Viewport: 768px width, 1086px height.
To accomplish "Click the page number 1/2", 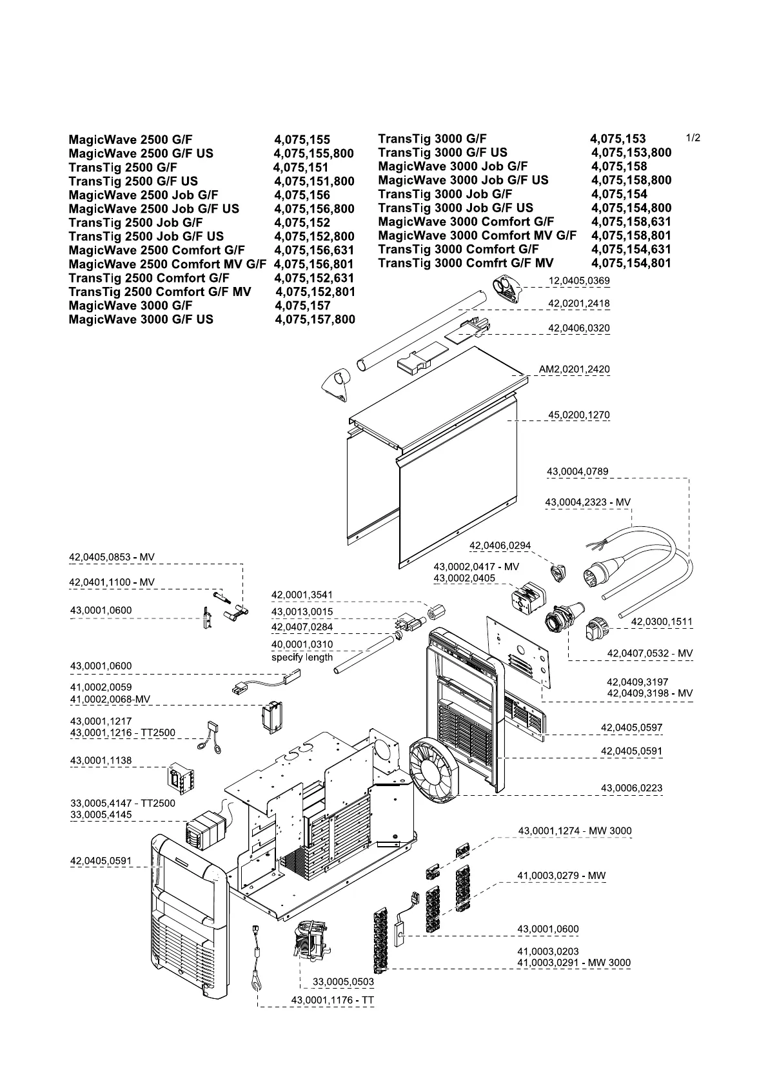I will tap(693, 138).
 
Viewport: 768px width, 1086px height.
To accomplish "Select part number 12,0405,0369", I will tap(578, 281).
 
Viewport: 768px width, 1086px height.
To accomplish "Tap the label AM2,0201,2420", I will tap(574, 370).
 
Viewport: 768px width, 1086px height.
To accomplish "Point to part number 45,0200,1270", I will tap(578, 415).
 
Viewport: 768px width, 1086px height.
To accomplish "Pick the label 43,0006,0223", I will tap(631, 788).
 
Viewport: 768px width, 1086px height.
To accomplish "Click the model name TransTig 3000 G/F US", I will tap(442, 153).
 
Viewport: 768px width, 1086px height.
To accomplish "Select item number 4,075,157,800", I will tap(315, 320).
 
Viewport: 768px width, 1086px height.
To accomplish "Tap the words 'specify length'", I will tap(302, 658).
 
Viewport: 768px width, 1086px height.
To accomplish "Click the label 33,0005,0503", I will tap(343, 982).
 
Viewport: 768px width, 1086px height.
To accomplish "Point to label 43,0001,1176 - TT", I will tap(332, 1000).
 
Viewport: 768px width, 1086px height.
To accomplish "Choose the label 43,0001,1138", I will tap(101, 761).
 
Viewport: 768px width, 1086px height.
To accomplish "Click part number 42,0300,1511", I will tap(662, 622).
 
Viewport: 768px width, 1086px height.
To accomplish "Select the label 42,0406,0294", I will tap(500, 546).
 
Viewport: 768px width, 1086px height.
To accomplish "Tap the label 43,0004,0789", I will tap(577, 472).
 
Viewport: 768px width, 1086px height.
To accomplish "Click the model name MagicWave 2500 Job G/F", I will tap(143, 195).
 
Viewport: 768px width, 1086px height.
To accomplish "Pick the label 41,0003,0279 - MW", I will tap(561, 876).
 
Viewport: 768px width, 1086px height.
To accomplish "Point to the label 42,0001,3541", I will tap(302, 595).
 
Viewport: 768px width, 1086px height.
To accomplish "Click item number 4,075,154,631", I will tap(631, 250).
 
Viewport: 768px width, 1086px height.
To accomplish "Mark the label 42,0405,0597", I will tap(631, 727).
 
